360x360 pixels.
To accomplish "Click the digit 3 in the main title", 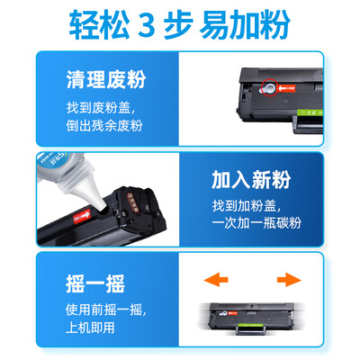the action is [x=147, y=25].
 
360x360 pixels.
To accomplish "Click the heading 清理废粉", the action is [x=106, y=80].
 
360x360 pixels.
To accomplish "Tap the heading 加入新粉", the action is [x=251, y=180].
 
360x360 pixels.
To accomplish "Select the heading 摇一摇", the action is [x=95, y=283].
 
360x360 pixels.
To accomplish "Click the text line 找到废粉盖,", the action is [x=101, y=108].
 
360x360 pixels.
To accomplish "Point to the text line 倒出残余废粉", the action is [x=104, y=126].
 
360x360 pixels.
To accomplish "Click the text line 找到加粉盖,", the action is [x=247, y=206].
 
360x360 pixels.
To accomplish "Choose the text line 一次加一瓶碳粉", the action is [x=256, y=223].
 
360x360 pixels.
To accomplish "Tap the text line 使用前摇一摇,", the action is [x=106, y=310].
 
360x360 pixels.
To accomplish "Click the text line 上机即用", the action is [x=90, y=328].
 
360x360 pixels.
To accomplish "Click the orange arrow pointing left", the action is [x=216, y=280].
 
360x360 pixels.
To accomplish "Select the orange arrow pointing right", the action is [x=289, y=280].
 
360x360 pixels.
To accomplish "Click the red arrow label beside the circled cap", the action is [x=286, y=88].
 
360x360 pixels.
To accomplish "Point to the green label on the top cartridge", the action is [x=310, y=112].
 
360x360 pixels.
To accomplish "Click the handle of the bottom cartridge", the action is [x=251, y=330].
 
